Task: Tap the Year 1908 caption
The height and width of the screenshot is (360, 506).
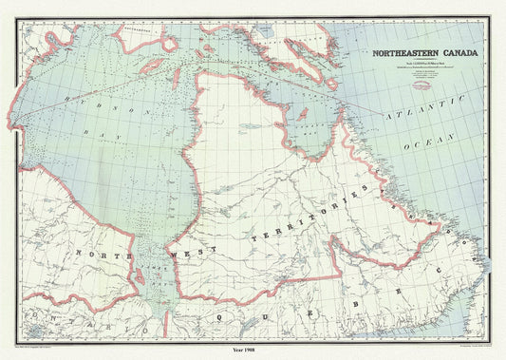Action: point(253,351)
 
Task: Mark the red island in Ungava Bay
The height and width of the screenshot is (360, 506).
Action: point(303,115)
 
